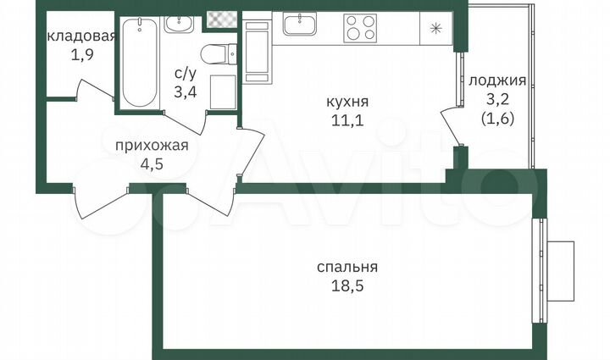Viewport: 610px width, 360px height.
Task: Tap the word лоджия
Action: pyautogui.click(x=497, y=81)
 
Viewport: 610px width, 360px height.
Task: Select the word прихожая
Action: pyautogui.click(x=151, y=145)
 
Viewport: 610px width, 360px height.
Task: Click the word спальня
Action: pyautogui.click(x=347, y=267)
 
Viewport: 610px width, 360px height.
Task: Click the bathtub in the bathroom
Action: pyautogui.click(x=137, y=64)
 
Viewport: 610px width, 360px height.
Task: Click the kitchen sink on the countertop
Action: pyautogui.click(x=300, y=25)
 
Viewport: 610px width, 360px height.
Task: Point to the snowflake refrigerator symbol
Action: pyautogui.click(x=435, y=28)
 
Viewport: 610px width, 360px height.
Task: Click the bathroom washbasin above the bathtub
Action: pyautogui.click(x=180, y=23)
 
